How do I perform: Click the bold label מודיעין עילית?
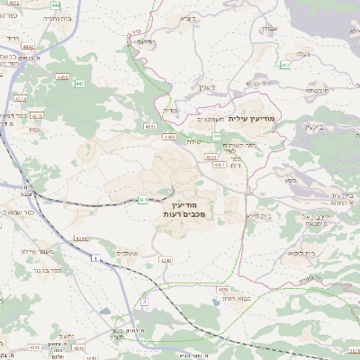coord(256,118)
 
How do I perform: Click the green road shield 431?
coord(144,200)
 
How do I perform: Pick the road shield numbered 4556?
coord(222,289)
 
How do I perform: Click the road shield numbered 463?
coord(284,65)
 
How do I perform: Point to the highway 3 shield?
coord(144,302)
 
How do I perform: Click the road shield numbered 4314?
coord(21,99)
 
